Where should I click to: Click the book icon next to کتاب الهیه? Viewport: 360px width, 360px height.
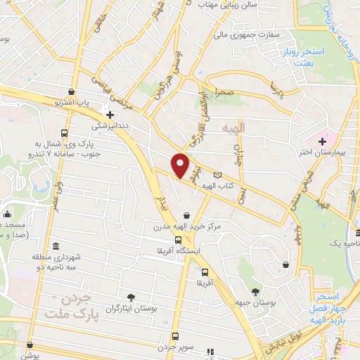(217, 175)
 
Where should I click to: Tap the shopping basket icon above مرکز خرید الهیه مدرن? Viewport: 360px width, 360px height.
(186, 215)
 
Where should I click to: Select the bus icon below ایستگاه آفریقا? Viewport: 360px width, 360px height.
(205, 272)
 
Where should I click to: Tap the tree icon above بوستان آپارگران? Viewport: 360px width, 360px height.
(131, 297)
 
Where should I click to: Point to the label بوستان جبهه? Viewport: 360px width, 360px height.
(255, 303)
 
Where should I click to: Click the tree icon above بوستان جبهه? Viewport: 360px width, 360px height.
(255, 291)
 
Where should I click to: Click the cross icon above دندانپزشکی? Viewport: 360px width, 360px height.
(110, 115)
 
